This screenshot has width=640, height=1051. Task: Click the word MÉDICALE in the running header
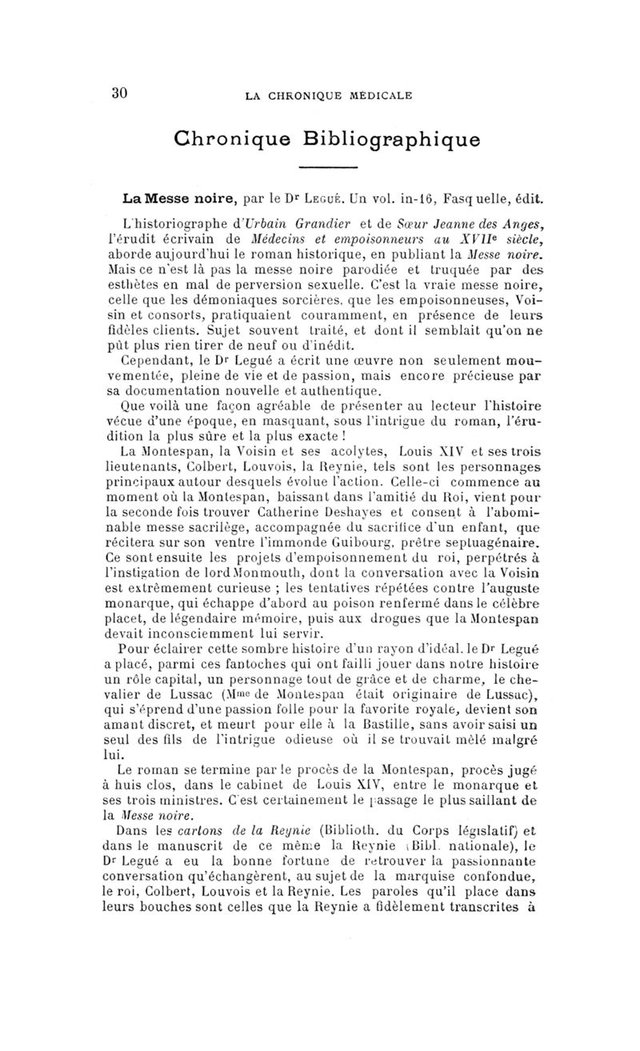pyautogui.click(x=375, y=96)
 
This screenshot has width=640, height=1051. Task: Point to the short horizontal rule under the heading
pyautogui.click(x=326, y=167)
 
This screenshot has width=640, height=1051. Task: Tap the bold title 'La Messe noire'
pyautogui.click(x=167, y=196)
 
